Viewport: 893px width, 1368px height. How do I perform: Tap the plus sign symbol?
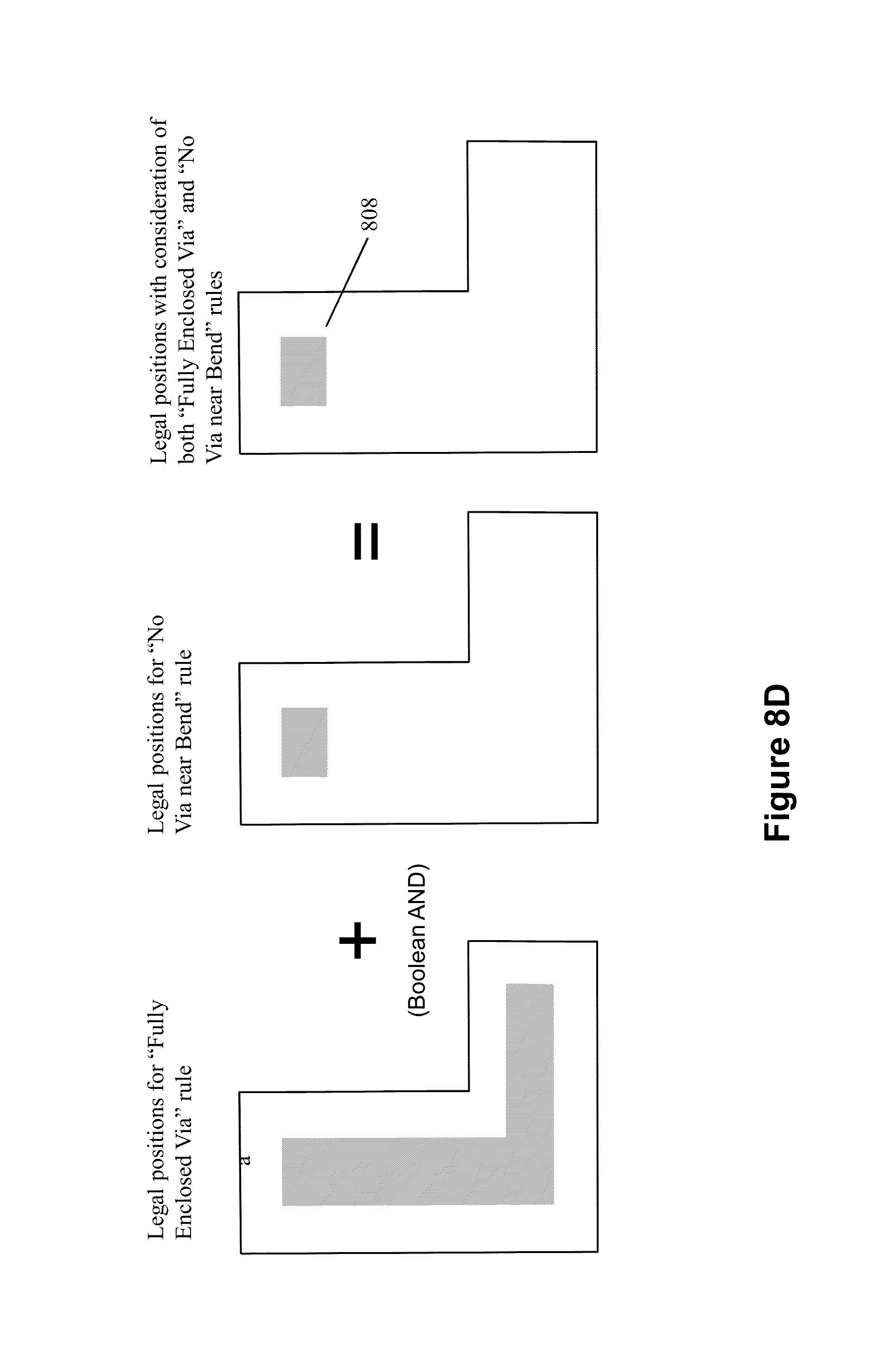pyautogui.click(x=357, y=941)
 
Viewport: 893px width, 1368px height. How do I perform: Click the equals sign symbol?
pyautogui.click(x=366, y=541)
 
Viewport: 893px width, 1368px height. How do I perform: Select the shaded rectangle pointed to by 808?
pyautogui.click(x=303, y=371)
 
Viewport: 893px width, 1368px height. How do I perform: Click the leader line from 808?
pyautogui.click(x=346, y=282)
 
